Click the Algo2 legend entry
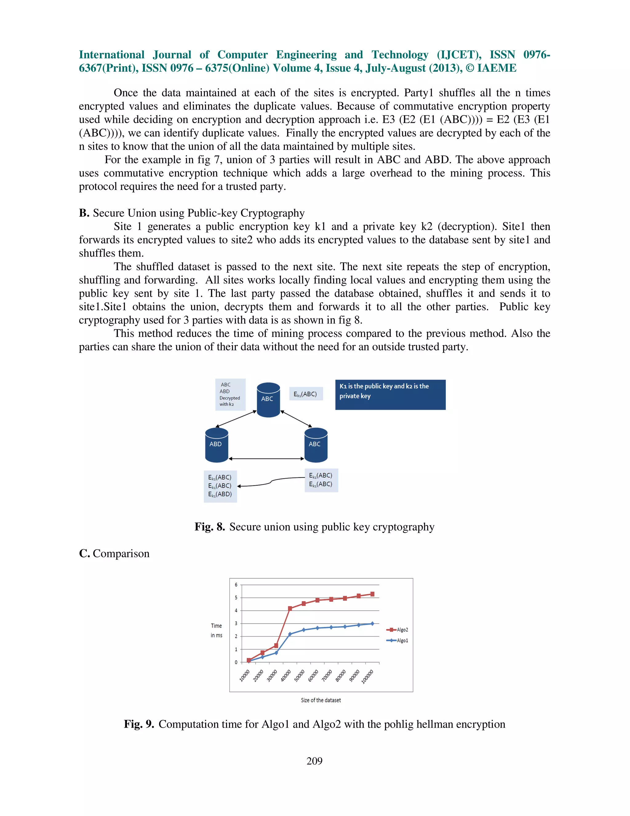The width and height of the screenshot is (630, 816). pyautogui.click(x=397, y=630)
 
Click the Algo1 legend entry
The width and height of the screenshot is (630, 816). pyautogui.click(x=397, y=640)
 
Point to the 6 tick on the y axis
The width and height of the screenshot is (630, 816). pyautogui.click(x=236, y=585)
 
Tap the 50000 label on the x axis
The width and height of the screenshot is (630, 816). pyautogui.click(x=299, y=676)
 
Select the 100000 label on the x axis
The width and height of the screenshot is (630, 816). pyautogui.click(x=367, y=677)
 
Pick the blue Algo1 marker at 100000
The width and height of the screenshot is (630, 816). pyautogui.click(x=372, y=624)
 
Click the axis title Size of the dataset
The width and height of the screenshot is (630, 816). pyautogui.click(x=321, y=700)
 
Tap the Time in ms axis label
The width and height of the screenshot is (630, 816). pyautogui.click(x=217, y=630)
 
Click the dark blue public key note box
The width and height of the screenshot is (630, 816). pyautogui.click(x=390, y=394)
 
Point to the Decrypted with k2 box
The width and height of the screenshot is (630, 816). pyautogui.click(x=230, y=394)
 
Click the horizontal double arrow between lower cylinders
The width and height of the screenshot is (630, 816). pyautogui.click(x=266, y=458)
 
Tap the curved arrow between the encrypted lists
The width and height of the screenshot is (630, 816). pyautogui.click(x=271, y=482)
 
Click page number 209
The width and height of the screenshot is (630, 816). pyautogui.click(x=314, y=761)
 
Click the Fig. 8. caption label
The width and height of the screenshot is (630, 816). pyautogui.click(x=209, y=527)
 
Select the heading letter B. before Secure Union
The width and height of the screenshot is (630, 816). pyautogui.click(x=84, y=213)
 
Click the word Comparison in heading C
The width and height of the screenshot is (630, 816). pyautogui.click(x=121, y=553)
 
